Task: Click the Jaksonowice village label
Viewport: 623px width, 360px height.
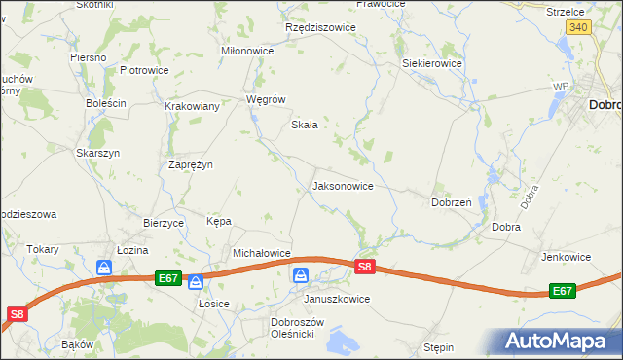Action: tap(342, 185)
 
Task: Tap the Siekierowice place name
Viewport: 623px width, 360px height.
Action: tap(432, 64)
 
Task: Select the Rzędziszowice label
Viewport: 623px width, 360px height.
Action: tap(320, 27)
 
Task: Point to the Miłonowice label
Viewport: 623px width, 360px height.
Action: tap(248, 51)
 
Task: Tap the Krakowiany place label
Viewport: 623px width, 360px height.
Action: tap(192, 106)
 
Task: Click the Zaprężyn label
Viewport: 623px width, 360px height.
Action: tap(191, 164)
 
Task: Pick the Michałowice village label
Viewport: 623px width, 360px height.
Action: tap(262, 253)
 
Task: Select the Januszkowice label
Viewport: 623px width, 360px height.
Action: tap(337, 299)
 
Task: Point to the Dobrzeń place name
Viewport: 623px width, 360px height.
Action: tap(452, 202)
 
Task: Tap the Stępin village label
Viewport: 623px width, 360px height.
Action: tap(439, 346)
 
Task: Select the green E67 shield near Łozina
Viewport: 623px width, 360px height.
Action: tap(167, 278)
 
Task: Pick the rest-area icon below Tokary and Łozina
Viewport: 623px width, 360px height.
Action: tap(104, 267)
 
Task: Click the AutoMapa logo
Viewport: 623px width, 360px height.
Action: tap(558, 342)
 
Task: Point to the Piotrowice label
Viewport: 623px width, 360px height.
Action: tap(144, 71)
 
